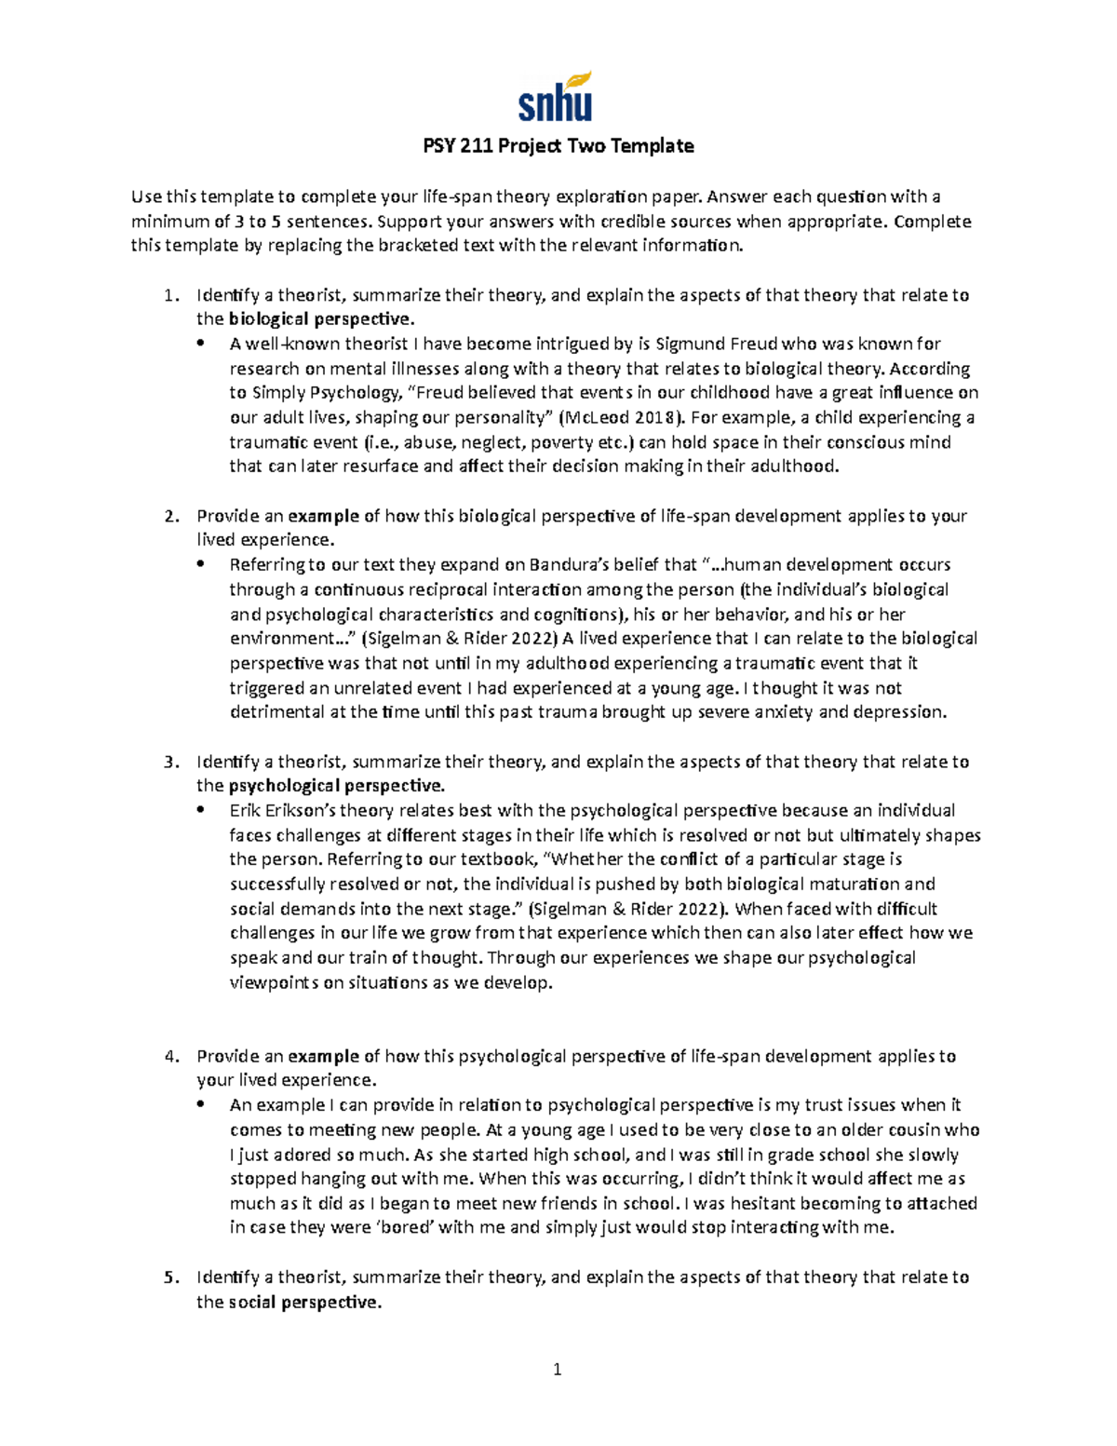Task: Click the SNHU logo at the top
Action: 555,98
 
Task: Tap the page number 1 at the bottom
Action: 558,1369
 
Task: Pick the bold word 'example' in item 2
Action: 323,516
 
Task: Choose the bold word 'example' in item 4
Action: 323,1056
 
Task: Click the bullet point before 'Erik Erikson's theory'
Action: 201,811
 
